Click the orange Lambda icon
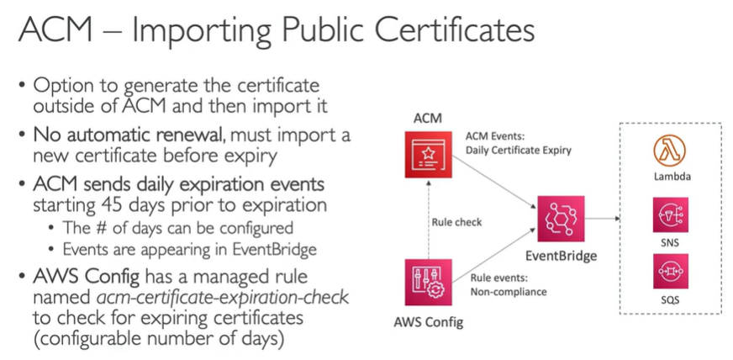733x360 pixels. coord(669,151)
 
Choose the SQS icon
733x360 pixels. coord(670,272)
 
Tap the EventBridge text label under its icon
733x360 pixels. coord(561,257)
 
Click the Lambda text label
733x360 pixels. coord(670,177)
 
